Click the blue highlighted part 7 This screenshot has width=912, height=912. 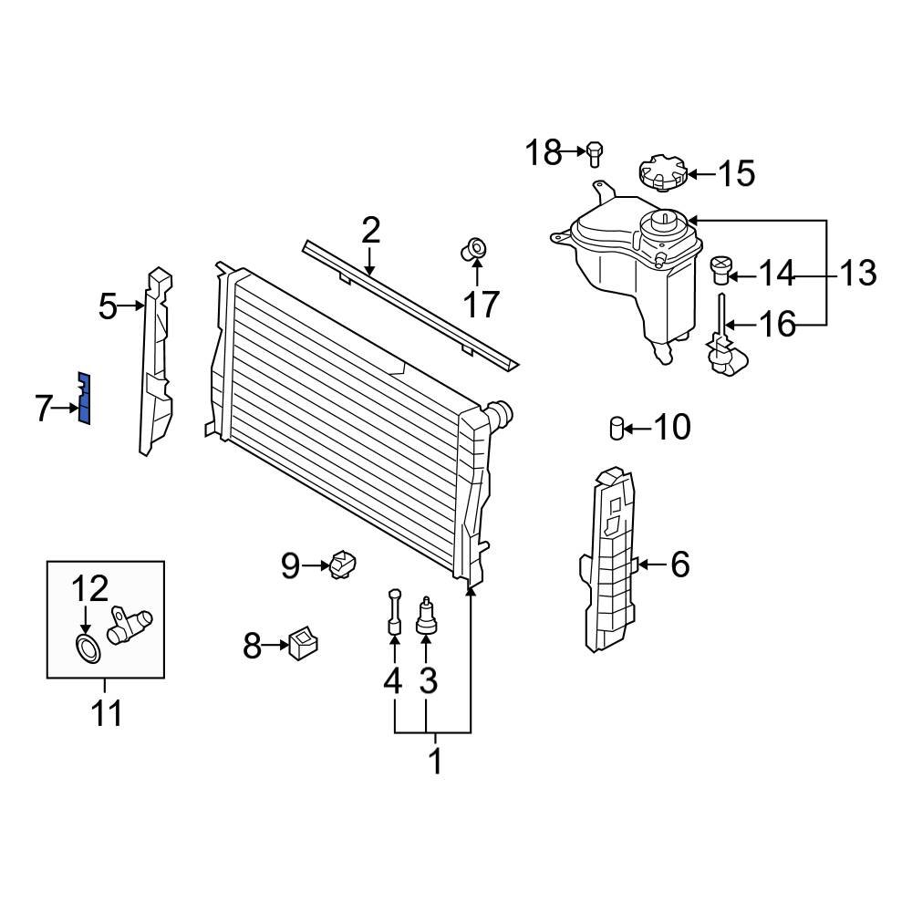pyautogui.click(x=85, y=399)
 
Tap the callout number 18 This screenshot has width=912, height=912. pyautogui.click(x=544, y=152)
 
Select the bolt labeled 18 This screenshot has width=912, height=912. pyautogui.click(x=594, y=153)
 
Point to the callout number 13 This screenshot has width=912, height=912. pyautogui.click(x=856, y=273)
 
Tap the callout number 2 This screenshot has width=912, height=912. pyautogui.click(x=369, y=231)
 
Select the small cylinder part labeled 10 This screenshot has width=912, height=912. pyautogui.click(x=616, y=426)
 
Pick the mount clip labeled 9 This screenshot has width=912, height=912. pyautogui.click(x=345, y=565)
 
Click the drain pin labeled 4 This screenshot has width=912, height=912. pyautogui.click(x=394, y=611)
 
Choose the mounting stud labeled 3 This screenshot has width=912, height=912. pyautogui.click(x=426, y=616)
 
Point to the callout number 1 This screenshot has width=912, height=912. pyautogui.click(x=434, y=761)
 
